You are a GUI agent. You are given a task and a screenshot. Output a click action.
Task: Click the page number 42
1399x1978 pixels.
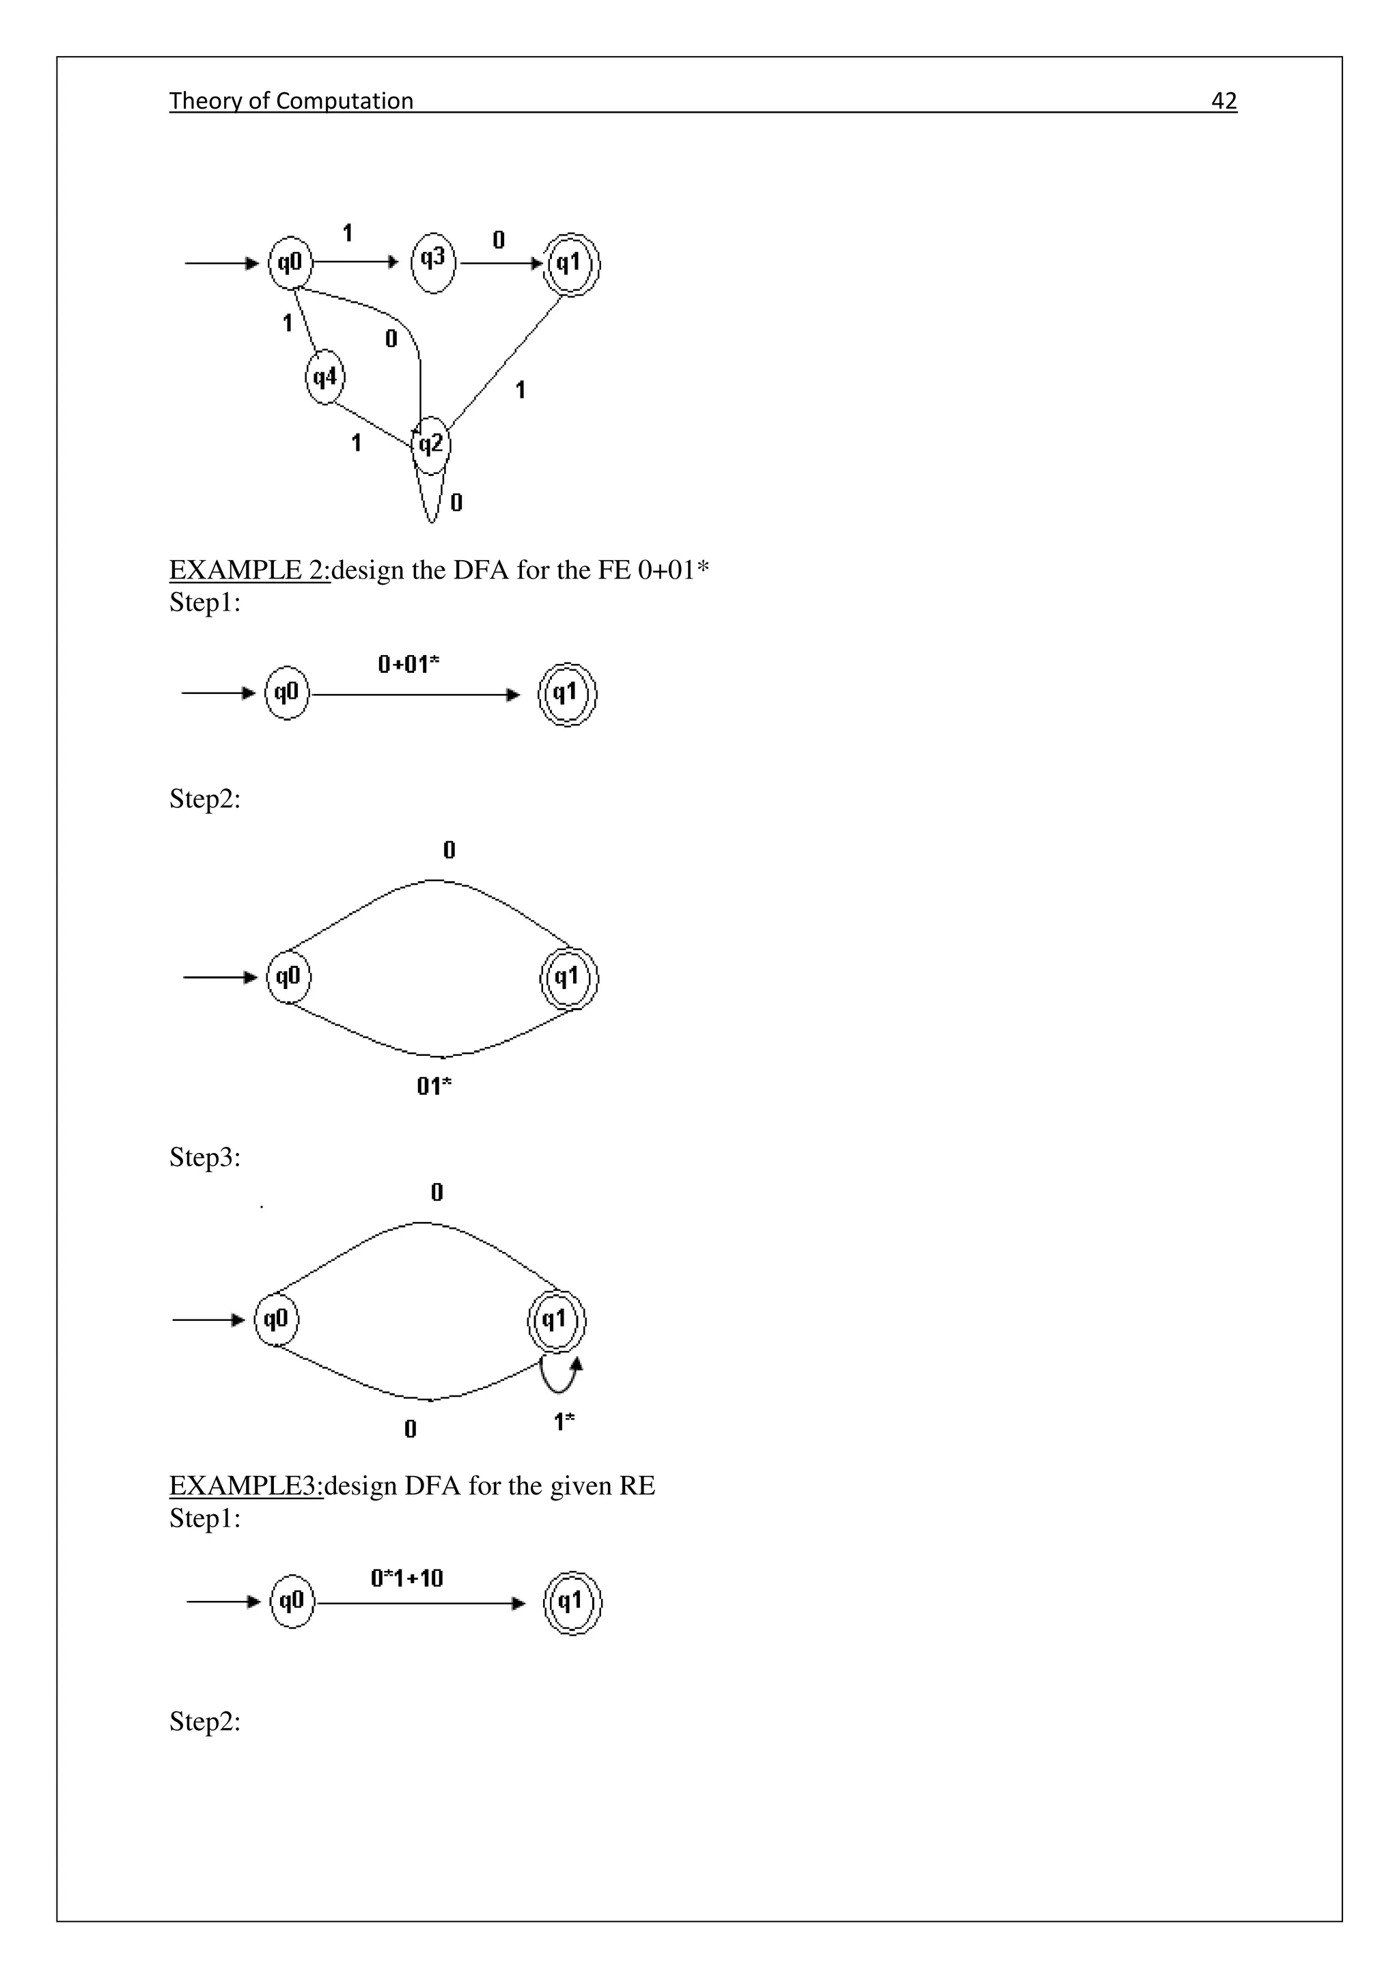[x=1223, y=101]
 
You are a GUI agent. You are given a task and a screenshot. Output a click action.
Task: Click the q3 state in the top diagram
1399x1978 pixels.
[x=432, y=262]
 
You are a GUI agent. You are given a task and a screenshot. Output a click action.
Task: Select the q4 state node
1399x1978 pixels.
[x=324, y=377]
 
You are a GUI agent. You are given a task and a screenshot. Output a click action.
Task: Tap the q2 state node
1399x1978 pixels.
[x=431, y=445]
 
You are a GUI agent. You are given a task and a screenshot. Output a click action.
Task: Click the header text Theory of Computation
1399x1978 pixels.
[x=291, y=101]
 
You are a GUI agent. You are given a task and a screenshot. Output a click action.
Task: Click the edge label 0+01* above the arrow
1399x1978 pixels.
[x=408, y=663]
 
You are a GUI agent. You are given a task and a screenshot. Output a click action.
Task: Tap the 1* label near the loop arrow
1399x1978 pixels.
[x=564, y=1421]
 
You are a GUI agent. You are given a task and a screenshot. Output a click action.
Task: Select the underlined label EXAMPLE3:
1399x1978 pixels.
[x=245, y=1486]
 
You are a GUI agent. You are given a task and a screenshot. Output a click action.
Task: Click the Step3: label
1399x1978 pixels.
[x=205, y=1157]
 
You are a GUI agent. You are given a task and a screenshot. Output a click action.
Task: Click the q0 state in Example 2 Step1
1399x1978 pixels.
[x=287, y=693]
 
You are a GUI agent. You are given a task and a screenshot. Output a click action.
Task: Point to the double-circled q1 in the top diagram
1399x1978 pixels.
[x=570, y=264]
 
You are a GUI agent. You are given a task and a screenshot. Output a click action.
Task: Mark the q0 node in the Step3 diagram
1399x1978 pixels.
[x=276, y=1319]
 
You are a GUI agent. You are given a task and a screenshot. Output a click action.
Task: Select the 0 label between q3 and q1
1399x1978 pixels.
[x=499, y=240]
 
